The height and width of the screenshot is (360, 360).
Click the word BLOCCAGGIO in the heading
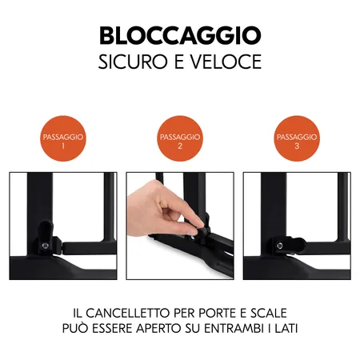pos(180,36)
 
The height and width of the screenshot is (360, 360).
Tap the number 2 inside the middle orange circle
pos(180,147)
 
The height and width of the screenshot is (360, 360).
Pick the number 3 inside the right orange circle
pos(298,147)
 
